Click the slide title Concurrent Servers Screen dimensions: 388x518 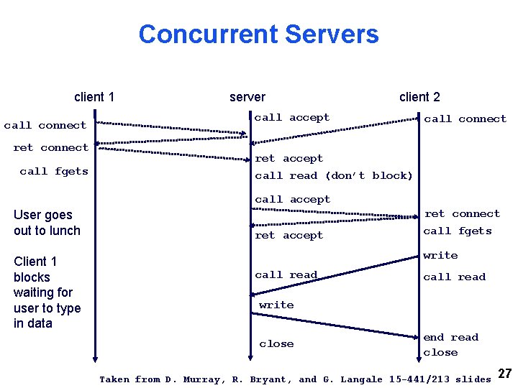pos(258,34)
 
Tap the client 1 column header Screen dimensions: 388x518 pos(94,97)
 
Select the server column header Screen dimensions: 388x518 pos(247,97)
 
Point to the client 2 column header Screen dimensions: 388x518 pos(419,97)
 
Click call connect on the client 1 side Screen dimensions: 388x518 pos(45,125)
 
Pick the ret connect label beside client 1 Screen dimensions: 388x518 pos(50,147)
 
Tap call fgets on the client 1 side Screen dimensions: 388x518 pos(54,171)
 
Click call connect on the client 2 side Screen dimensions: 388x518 pos(465,119)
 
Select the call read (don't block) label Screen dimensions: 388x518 pos(334,175)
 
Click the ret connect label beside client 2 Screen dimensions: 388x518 pos(462,213)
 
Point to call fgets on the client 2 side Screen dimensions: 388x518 pos(458,231)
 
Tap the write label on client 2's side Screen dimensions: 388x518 pos(440,255)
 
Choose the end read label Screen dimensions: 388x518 pos(450,337)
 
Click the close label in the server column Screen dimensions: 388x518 pos(276,343)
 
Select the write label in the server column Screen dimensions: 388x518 pos(276,305)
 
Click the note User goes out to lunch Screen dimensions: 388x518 pos(47,223)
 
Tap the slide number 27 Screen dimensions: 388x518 pos(505,374)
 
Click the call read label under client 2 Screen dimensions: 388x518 pos(454,277)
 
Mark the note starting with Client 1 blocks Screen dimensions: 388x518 pos(47,292)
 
